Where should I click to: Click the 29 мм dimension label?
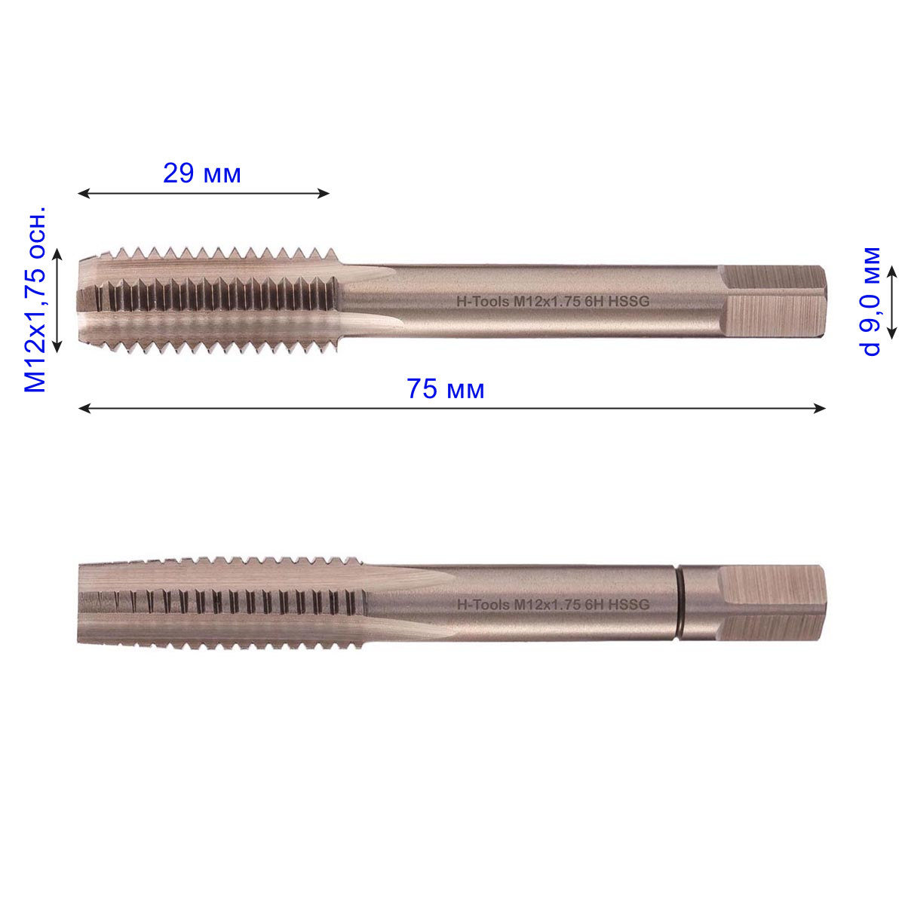pos(202,173)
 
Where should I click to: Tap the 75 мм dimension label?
pos(445,389)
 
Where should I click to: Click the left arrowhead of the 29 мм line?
pos(84,193)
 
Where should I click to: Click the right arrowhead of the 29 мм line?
pos(324,193)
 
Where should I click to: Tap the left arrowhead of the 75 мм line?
pos(84,409)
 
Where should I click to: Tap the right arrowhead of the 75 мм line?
pos(820,409)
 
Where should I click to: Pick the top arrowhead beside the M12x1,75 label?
pos(57,255)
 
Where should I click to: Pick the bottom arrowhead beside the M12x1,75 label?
pos(57,347)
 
